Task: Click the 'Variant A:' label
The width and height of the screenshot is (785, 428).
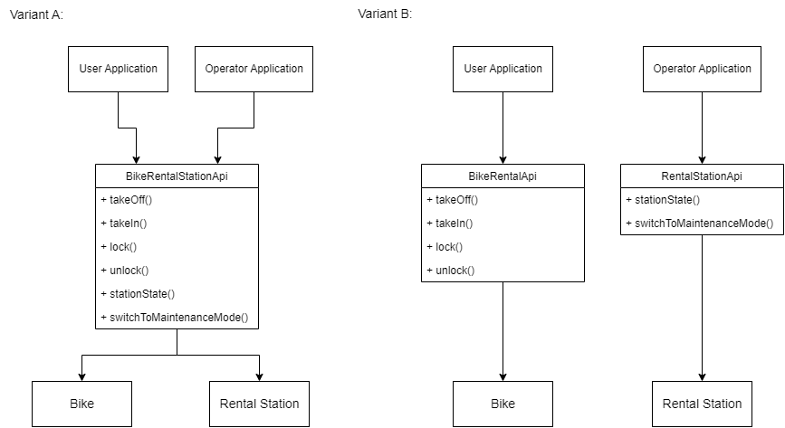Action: (36, 15)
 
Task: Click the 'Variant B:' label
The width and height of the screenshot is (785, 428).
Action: (385, 15)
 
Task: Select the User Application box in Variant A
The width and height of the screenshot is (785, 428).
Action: (118, 69)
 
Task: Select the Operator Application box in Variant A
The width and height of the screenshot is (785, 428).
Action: (254, 69)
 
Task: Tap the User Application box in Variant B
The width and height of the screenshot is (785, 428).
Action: (503, 69)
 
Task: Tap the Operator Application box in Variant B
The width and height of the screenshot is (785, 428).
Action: (702, 69)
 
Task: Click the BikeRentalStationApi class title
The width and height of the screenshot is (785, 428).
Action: (177, 176)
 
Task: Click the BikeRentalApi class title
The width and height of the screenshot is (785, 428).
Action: (503, 176)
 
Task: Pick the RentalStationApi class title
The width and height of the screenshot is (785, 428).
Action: (702, 176)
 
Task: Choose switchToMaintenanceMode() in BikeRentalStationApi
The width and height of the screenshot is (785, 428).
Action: (174, 318)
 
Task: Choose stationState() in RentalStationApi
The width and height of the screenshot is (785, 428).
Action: (663, 200)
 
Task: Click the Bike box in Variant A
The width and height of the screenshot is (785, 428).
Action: (81, 404)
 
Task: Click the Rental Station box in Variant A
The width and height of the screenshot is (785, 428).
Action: (259, 404)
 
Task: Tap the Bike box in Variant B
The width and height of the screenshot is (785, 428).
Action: (503, 404)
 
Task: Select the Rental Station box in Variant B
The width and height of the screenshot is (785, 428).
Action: (702, 404)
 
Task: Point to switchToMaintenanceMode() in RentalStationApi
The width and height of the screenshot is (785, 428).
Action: (699, 224)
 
